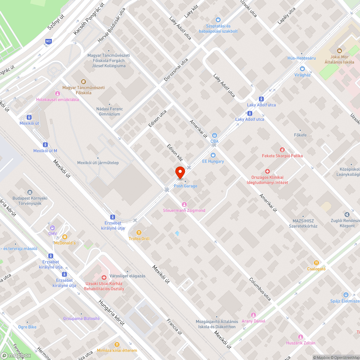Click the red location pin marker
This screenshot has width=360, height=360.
(180, 172)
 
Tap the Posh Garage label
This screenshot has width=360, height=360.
(186, 186)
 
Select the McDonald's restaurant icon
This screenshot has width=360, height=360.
(65, 237)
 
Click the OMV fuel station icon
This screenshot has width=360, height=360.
(53, 228)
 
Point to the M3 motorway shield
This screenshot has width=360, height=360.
(48, 42)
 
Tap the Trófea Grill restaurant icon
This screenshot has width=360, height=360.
(139, 232)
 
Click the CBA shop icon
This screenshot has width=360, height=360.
(215, 135)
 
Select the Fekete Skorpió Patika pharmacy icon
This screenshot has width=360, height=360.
(282, 149)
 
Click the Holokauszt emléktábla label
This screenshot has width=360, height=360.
(58, 100)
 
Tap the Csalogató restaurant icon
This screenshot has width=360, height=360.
(316, 263)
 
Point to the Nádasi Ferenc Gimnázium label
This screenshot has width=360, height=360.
(110, 112)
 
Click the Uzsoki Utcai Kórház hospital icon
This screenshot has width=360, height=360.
(104, 278)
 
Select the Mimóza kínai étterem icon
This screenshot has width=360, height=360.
(117, 345)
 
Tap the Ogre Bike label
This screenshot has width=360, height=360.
(27, 327)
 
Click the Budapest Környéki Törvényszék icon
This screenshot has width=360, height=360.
(30, 192)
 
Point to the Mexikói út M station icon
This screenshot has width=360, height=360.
(45, 144)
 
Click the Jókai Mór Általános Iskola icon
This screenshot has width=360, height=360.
(339, 51)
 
